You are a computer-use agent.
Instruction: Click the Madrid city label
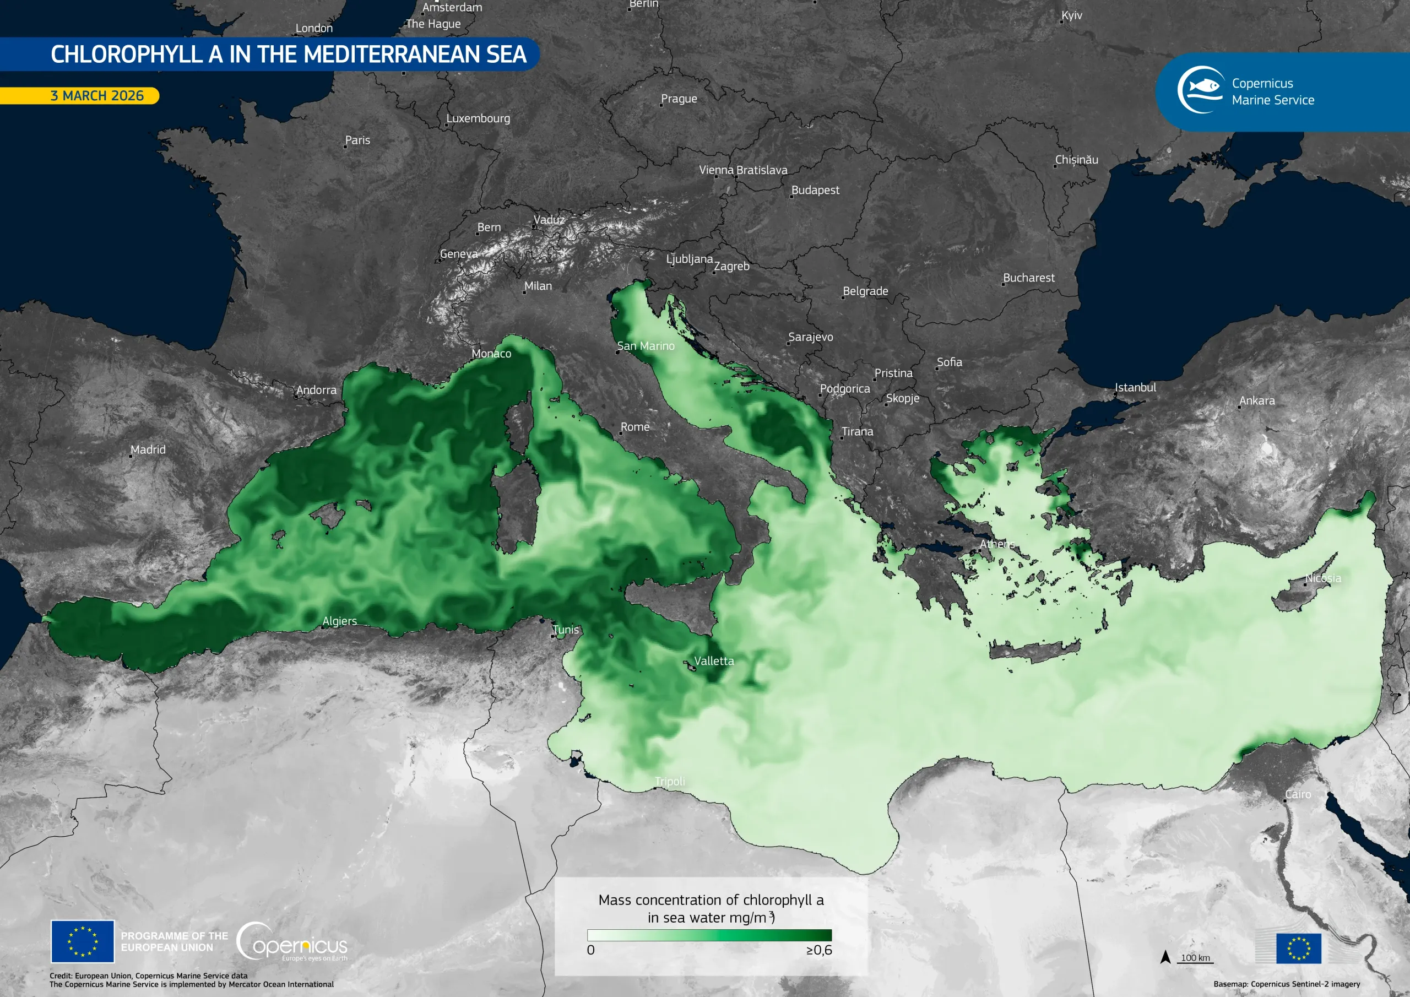point(148,449)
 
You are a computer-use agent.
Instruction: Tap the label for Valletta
point(714,661)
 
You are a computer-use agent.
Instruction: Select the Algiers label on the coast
point(340,621)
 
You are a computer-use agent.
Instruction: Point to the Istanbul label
point(1135,388)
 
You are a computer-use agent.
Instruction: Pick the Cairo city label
point(1298,794)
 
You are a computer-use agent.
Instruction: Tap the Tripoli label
point(669,782)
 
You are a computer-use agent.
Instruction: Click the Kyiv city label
point(1072,15)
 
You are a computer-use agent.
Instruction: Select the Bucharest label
point(1029,278)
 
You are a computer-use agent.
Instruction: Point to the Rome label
point(635,427)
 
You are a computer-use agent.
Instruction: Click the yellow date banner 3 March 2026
point(96,96)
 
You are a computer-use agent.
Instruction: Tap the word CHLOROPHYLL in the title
point(126,54)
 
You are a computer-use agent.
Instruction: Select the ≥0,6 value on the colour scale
point(819,950)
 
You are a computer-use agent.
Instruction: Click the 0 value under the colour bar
point(591,950)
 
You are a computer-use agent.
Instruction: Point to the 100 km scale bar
point(1195,958)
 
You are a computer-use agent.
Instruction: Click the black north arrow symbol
point(1165,957)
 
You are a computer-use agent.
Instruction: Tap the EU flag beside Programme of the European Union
point(82,941)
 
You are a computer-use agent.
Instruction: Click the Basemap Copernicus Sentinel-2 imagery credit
point(1287,984)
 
